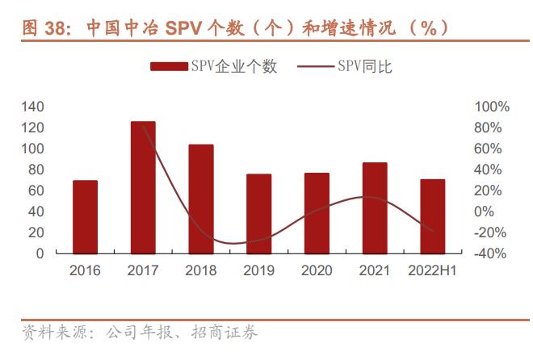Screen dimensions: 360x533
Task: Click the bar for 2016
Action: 85,216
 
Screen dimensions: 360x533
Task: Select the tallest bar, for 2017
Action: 143,187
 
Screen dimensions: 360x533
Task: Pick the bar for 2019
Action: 259,213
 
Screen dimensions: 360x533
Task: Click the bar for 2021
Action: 375,207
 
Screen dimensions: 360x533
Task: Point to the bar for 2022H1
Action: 433,216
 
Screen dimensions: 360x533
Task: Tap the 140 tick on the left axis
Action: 32,107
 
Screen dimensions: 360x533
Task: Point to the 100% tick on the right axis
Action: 493,107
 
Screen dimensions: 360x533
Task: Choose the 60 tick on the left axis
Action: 36,190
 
